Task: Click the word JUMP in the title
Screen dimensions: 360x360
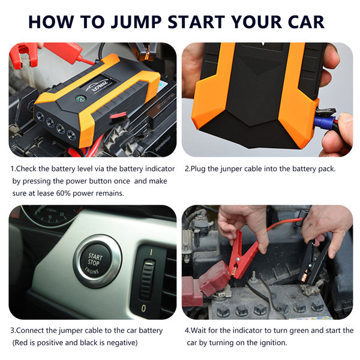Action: coord(136,22)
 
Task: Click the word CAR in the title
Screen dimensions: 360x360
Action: coord(306,22)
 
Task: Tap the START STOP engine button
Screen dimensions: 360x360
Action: coord(95,262)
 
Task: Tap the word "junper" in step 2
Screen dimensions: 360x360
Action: coord(231,169)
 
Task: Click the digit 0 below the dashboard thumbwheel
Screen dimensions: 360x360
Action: coord(143,308)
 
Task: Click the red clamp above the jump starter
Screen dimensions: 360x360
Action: coord(24,56)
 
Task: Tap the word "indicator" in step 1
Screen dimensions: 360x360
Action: coord(160,169)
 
